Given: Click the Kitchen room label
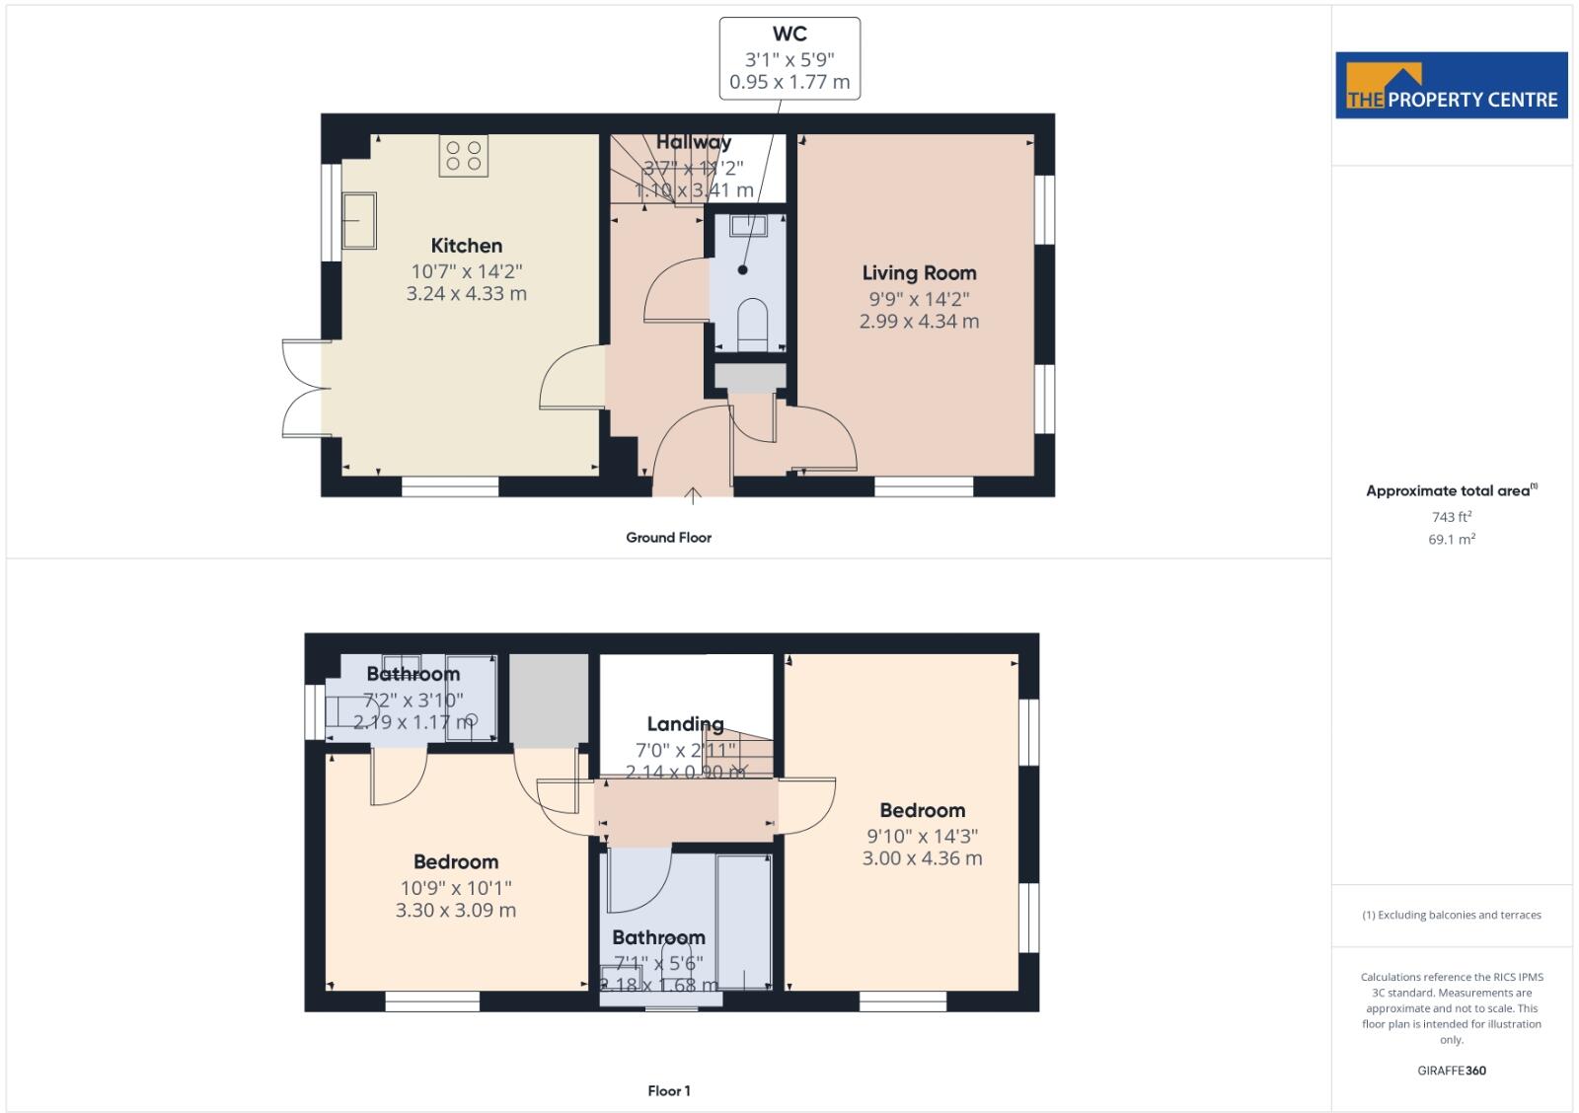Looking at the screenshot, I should (x=466, y=246).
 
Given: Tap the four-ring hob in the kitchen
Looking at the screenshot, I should (x=463, y=156).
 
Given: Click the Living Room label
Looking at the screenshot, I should (x=919, y=273).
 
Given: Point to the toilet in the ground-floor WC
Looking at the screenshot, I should (x=752, y=322).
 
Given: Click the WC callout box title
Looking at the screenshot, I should (x=789, y=35).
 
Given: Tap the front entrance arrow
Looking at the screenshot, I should (x=693, y=494).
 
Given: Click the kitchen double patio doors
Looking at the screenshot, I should (x=303, y=389).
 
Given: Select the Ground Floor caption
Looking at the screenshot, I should (x=668, y=538).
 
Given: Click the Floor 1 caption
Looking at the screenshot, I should (x=669, y=1090).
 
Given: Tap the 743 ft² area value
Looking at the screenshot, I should (x=1451, y=517).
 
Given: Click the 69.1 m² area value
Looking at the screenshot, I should (x=1451, y=540).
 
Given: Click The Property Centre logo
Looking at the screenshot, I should (x=1451, y=86).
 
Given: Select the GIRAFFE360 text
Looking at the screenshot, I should (x=1451, y=1071).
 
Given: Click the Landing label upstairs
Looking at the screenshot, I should (x=685, y=724).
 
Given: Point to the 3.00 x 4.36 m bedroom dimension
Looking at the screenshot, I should (x=922, y=858).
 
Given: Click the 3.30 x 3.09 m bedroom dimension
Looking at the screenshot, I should (x=455, y=911).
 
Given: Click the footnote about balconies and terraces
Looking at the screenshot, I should (x=1451, y=916).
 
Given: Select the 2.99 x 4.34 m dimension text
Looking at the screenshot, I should (x=919, y=322).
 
